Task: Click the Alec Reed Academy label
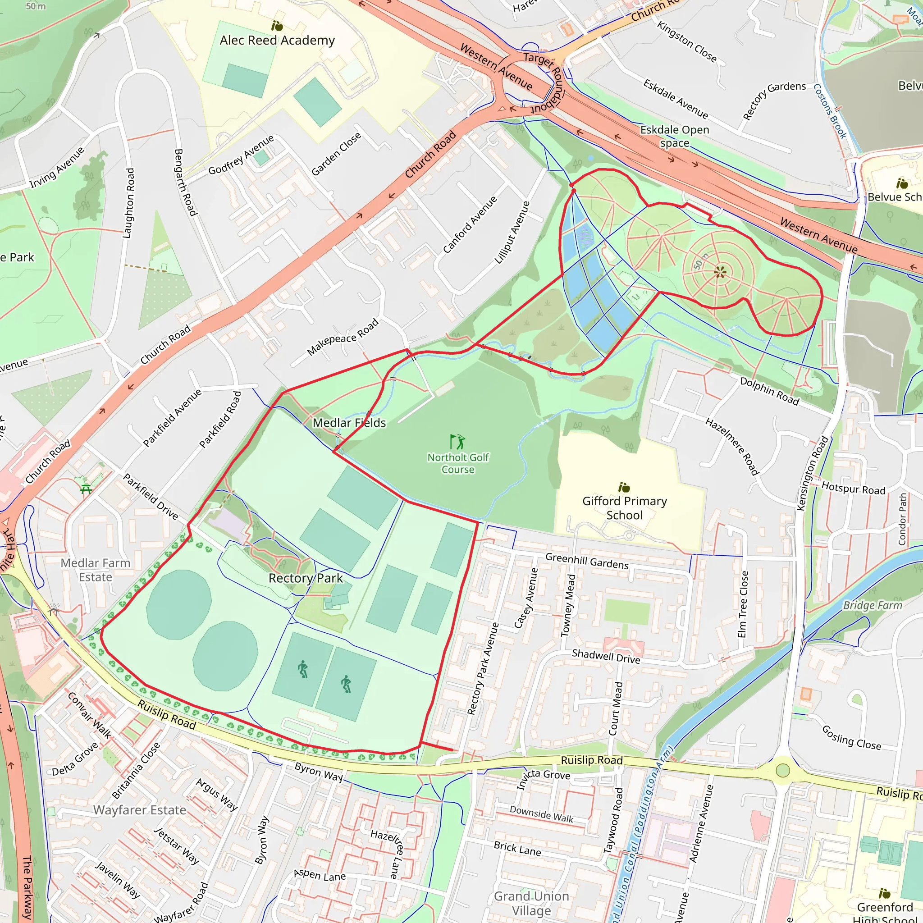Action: pyautogui.click(x=277, y=40)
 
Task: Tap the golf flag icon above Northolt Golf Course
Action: pyautogui.click(x=457, y=441)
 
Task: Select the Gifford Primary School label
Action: pyautogui.click(x=624, y=508)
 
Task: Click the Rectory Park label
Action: pyautogui.click(x=305, y=578)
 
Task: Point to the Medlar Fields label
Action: pyautogui.click(x=349, y=423)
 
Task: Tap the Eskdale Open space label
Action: pyautogui.click(x=675, y=136)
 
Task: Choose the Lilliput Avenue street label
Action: pyautogui.click(x=512, y=232)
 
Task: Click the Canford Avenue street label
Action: pyautogui.click(x=470, y=224)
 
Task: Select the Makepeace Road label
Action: pyautogui.click(x=343, y=337)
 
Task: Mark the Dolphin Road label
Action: pyautogui.click(x=769, y=391)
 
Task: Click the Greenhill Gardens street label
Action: pyautogui.click(x=587, y=560)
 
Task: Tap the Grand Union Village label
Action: pyautogui.click(x=531, y=903)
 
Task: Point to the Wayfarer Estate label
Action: pyautogui.click(x=140, y=810)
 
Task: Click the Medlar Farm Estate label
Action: pyautogui.click(x=96, y=570)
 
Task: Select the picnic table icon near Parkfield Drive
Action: pyautogui.click(x=86, y=489)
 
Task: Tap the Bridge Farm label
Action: pyautogui.click(x=873, y=605)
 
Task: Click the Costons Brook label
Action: pyautogui.click(x=830, y=111)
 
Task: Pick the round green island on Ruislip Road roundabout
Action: pyautogui.click(x=782, y=770)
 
